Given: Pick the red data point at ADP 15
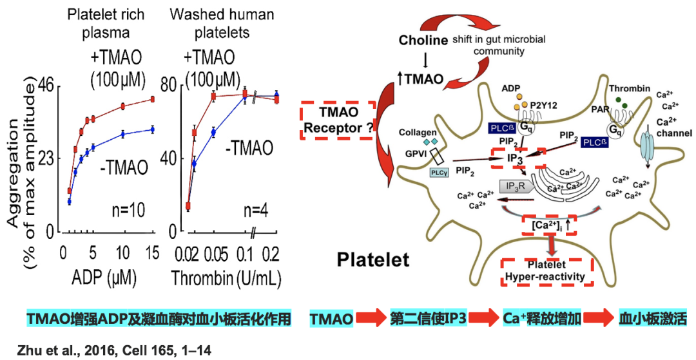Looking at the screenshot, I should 153,99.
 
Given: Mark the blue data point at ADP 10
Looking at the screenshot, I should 123,134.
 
